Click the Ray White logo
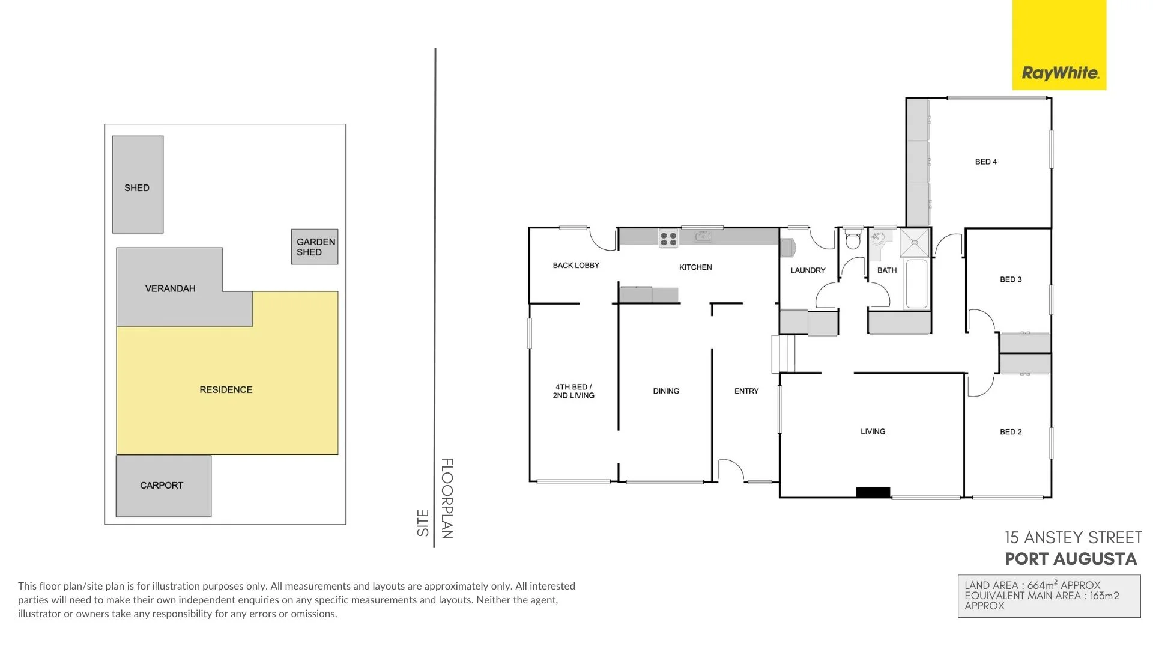[x=1059, y=73]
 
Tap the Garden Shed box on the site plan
[x=315, y=247]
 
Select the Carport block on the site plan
[x=163, y=486]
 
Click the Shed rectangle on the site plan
[x=138, y=184]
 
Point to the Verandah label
[x=170, y=288]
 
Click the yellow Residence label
[x=226, y=390]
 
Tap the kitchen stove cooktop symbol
[x=668, y=239]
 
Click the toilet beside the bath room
[x=853, y=240]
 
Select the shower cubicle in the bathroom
[x=915, y=243]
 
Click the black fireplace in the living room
[x=873, y=492]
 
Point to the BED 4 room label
[x=985, y=162]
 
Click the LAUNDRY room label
[x=808, y=270]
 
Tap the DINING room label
[x=666, y=391]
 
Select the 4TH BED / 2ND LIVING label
[x=573, y=391]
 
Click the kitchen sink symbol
[x=703, y=237]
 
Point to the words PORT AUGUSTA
[x=1071, y=559]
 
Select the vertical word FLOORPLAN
[x=447, y=498]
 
